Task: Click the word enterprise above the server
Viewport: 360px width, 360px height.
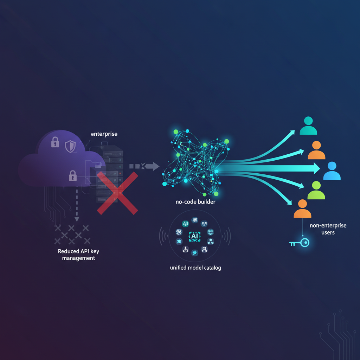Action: [104, 134]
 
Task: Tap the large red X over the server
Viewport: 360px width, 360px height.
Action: [117, 193]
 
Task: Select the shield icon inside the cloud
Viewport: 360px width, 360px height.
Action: [70, 145]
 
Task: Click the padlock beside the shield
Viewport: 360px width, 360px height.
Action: [55, 142]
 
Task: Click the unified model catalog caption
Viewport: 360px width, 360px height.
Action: [195, 268]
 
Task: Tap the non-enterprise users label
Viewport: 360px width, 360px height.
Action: [328, 229]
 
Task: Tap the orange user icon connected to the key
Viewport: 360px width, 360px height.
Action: [302, 209]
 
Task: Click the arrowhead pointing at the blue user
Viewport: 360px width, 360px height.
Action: [315, 168]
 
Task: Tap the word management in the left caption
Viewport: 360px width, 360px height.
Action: [78, 258]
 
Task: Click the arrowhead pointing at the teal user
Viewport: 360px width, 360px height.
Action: [291, 132]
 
